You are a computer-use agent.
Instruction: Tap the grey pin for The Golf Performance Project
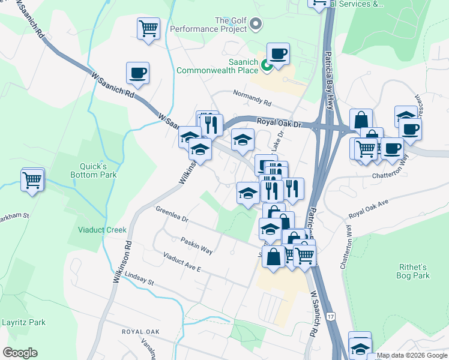tap(256, 25)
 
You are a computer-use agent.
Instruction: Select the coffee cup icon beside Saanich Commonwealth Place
tap(278, 55)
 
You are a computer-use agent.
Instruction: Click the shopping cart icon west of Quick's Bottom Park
tap(32, 179)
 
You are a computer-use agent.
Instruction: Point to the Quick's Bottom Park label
tap(97, 170)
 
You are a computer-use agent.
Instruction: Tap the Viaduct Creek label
tap(102, 229)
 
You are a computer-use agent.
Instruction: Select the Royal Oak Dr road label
tap(279, 122)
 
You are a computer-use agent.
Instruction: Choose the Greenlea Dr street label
tap(172, 215)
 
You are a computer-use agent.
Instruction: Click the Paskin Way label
tap(197, 244)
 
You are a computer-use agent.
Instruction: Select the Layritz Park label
tap(23, 322)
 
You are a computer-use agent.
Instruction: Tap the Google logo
tap(20, 353)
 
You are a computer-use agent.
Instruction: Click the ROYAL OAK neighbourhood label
tap(140, 332)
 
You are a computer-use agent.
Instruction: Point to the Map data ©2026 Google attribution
tap(412, 356)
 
